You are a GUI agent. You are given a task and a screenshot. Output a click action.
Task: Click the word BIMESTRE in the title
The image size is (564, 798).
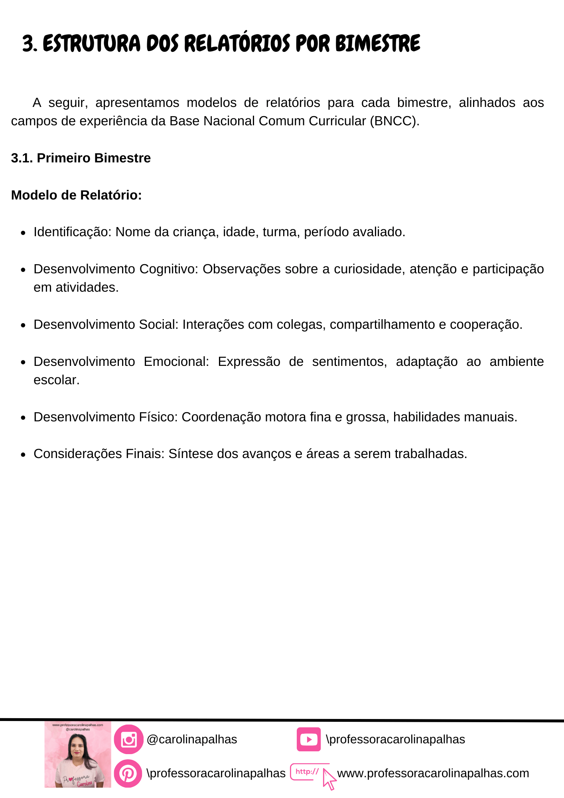pyautogui.click(x=378, y=43)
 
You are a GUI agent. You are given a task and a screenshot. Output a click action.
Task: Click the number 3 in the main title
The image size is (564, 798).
pyautogui.click(x=28, y=44)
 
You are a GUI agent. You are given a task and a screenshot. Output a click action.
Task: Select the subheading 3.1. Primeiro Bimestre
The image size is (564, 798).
pyautogui.click(x=81, y=158)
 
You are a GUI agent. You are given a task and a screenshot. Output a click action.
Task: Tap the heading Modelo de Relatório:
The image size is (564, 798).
pyautogui.click(x=77, y=195)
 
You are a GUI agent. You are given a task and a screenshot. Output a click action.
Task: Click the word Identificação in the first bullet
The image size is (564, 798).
pyautogui.click(x=72, y=232)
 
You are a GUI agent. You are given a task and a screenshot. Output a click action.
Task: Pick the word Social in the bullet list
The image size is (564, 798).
pyautogui.click(x=158, y=324)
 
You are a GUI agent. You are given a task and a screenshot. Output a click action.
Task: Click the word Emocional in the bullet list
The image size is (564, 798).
pyautogui.click(x=176, y=361)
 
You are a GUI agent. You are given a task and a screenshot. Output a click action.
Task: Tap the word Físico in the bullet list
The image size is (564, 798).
pyautogui.click(x=158, y=417)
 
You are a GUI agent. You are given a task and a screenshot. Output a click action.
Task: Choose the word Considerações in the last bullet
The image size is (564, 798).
pyautogui.click(x=78, y=454)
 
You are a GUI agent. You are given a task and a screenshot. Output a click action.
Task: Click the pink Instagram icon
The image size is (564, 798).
pyautogui.click(x=128, y=739)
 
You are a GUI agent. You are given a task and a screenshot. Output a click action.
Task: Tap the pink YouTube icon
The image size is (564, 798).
pyautogui.click(x=308, y=739)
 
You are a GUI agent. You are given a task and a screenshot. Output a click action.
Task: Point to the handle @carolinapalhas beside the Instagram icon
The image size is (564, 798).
pyautogui.click(x=192, y=739)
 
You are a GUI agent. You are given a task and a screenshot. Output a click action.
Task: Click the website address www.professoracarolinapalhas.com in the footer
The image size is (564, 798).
pyautogui.click(x=433, y=773)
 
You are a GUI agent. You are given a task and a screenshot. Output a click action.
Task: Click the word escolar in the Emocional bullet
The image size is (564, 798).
pyautogui.click(x=56, y=380)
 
